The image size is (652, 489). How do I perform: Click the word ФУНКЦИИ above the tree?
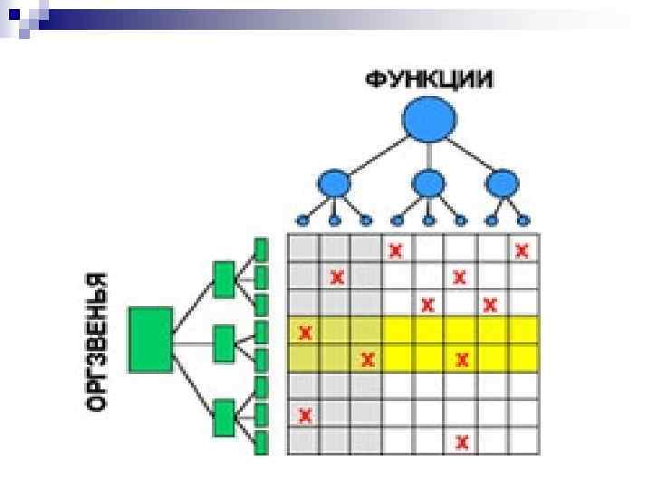(430, 80)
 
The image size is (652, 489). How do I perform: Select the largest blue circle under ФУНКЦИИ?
(428, 120)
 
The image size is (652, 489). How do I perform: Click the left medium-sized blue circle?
(336, 184)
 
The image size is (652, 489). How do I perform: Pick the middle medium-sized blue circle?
(427, 184)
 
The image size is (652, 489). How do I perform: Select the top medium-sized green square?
(224, 278)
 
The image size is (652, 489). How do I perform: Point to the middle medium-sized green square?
(224, 342)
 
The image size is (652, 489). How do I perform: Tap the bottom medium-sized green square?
(224, 418)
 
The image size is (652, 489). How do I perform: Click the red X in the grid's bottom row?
(462, 442)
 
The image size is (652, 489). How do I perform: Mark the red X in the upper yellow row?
(304, 332)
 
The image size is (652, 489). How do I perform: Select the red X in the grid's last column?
(522, 250)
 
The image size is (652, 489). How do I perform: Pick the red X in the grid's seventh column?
(491, 304)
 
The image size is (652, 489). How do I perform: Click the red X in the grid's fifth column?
(428, 304)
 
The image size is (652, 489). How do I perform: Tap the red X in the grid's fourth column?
(396, 250)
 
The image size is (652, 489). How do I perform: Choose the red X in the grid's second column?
(337, 277)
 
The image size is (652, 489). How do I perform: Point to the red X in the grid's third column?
(367, 360)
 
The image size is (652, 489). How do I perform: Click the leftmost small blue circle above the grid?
(303, 220)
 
